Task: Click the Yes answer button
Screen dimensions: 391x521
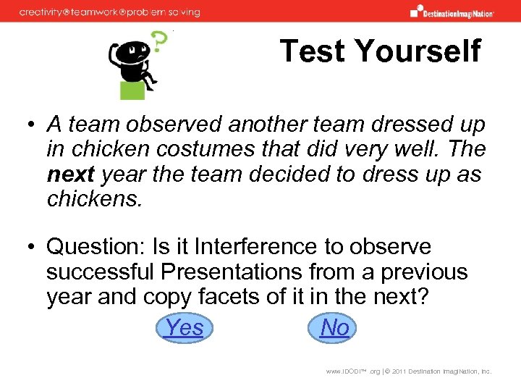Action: (x=185, y=328)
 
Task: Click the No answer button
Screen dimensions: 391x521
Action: (x=334, y=328)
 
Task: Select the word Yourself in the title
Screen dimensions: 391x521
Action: (x=418, y=51)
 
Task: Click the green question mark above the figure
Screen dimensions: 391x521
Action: (x=158, y=42)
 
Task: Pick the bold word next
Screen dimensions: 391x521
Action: (x=71, y=175)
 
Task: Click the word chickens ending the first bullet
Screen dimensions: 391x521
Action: (x=93, y=198)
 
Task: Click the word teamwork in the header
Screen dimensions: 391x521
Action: (x=94, y=12)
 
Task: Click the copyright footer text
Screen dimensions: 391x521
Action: (x=409, y=371)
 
